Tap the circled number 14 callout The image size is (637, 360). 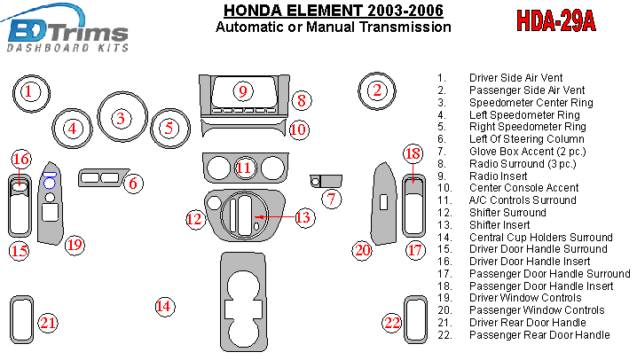pos(163,307)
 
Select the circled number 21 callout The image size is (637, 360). pos(48,323)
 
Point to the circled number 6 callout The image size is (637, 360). pos(133,184)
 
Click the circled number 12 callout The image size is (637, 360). pos(194,218)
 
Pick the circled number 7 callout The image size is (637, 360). pos(331,199)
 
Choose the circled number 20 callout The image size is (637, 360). pos(361,250)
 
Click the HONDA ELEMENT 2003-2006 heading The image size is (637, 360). pos(333,11)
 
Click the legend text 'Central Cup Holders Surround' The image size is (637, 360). pos(540,238)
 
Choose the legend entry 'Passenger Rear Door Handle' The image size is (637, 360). pos(539,335)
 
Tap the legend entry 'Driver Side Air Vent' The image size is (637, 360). pos(515,78)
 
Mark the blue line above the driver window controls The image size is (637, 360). pos(51,172)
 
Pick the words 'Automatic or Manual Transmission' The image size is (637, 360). pos(333,27)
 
